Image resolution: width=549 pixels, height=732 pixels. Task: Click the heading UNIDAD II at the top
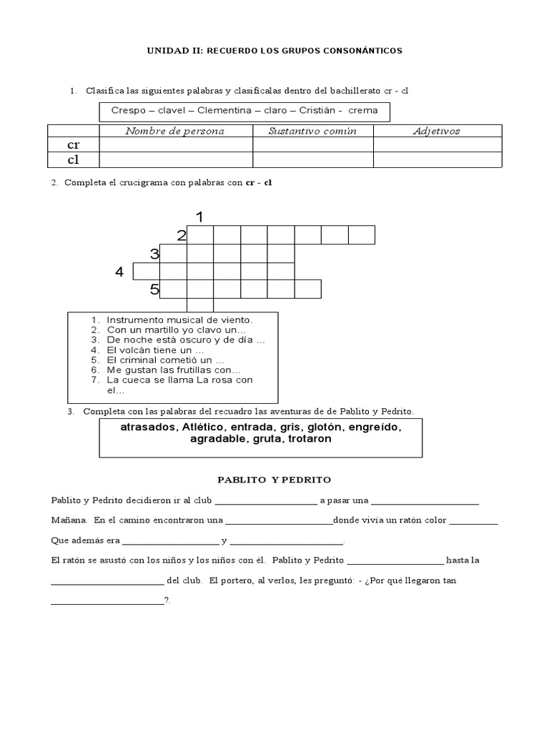pos(274,51)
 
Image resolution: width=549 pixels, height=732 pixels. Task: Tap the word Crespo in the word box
pos(128,111)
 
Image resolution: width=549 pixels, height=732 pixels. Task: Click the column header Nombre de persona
pos(175,131)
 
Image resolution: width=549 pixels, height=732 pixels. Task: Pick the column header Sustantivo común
pos(312,131)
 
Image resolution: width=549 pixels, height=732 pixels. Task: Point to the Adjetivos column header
pos(437,131)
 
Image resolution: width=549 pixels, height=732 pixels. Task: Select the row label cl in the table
pos(73,159)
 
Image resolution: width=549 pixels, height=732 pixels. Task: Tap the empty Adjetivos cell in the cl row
pos(437,159)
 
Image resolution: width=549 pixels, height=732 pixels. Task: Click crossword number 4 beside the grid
pos(119,272)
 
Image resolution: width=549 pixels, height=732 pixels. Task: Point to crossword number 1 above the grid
pos(200,217)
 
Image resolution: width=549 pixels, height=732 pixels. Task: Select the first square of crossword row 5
pos(174,289)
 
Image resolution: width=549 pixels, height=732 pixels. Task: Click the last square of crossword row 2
pos(362,235)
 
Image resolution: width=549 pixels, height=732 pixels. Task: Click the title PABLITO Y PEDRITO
pos(274,479)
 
